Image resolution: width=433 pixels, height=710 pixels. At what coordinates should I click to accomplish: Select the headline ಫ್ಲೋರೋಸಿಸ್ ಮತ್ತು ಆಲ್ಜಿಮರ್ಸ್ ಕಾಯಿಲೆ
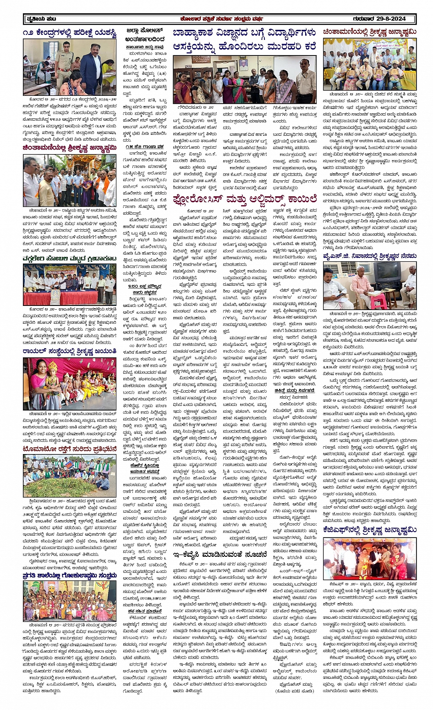[245, 199]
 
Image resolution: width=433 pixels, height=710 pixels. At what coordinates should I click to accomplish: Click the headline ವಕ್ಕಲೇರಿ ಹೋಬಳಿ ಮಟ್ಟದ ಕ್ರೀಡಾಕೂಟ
[70, 259]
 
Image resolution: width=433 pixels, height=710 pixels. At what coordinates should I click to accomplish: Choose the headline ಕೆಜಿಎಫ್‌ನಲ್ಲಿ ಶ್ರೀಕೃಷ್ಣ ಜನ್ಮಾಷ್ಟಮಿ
[369, 530]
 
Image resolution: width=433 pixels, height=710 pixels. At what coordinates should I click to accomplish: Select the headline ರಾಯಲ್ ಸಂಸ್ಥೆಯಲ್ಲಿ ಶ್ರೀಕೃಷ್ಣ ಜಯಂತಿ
[70, 351]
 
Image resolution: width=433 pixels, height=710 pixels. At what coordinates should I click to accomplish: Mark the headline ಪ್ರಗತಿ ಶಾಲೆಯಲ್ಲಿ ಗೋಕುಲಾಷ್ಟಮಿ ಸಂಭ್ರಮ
[70, 575]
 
